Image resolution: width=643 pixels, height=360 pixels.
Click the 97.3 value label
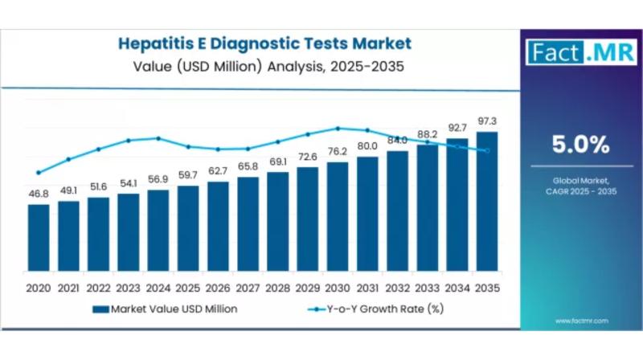(x=486, y=120)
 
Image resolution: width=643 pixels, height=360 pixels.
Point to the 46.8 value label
(x=39, y=194)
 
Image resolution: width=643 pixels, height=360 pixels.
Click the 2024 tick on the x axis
(x=158, y=287)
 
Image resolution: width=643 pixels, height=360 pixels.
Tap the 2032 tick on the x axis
(x=397, y=287)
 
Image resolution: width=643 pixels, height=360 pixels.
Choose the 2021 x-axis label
(x=68, y=287)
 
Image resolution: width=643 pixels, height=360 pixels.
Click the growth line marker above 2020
(x=39, y=172)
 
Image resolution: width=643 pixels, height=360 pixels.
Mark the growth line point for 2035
(x=486, y=150)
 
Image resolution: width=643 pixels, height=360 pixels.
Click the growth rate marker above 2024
(x=158, y=138)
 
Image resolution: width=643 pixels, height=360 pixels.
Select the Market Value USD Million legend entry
(x=164, y=308)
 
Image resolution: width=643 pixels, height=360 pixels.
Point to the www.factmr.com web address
(x=581, y=321)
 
